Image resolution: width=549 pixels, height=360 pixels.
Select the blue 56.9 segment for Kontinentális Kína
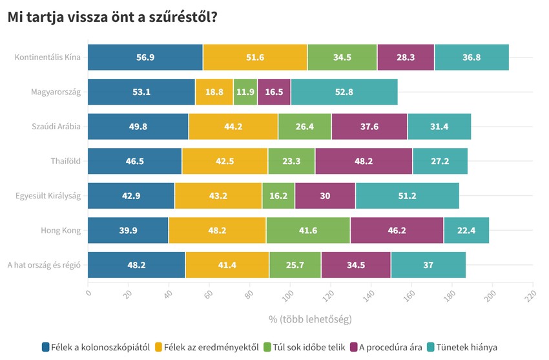pyautogui.click(x=145, y=58)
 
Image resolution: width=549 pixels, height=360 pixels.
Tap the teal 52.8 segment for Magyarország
pyautogui.click(x=344, y=92)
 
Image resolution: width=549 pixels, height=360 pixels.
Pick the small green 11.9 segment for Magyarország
pyautogui.click(x=245, y=92)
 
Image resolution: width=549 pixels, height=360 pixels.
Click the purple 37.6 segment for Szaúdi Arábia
pyautogui.click(x=369, y=127)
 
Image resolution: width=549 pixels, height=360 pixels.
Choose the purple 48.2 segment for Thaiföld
pyautogui.click(x=364, y=161)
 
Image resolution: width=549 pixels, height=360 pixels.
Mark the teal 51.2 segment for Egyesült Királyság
pyautogui.click(x=407, y=196)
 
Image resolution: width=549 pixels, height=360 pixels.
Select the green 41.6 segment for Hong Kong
pyautogui.click(x=307, y=230)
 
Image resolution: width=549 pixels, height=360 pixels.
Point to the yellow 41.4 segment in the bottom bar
pyautogui.click(x=227, y=265)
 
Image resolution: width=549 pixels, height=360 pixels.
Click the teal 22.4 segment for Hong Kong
pyautogui.click(x=466, y=230)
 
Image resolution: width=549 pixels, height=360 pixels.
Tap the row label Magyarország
pyautogui.click(x=56, y=92)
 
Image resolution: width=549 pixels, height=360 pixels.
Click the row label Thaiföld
pyautogui.click(x=65, y=161)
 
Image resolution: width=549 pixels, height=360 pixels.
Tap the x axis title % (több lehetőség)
pyautogui.click(x=310, y=319)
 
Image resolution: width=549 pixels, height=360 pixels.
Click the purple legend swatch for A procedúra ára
pyautogui.click(x=354, y=347)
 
